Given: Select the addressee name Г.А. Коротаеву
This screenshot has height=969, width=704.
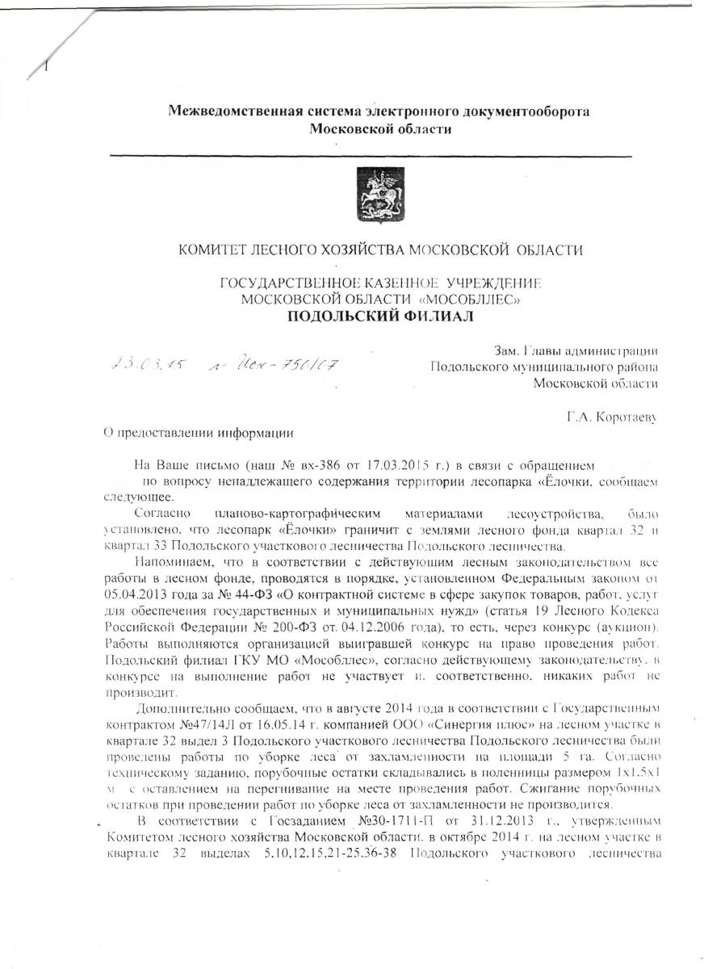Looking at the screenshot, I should click(612, 417).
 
